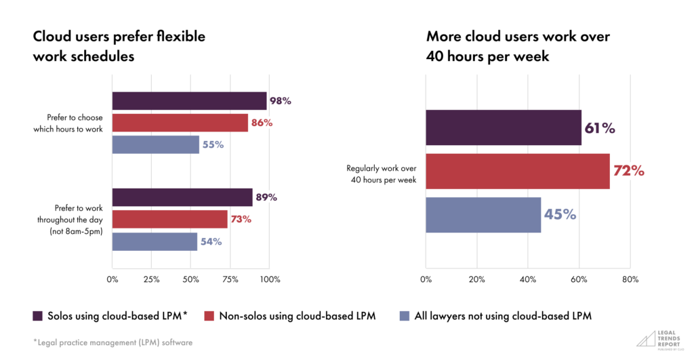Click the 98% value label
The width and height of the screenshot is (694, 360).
tap(280, 101)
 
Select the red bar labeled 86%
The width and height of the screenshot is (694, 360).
tap(180, 123)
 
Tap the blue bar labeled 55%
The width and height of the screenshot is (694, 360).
tap(156, 144)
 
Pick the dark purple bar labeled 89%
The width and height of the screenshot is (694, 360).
tap(182, 197)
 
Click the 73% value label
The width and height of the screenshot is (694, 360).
tap(241, 219)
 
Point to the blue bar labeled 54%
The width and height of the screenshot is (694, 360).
tap(155, 241)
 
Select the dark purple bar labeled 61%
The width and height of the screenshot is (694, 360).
tap(504, 127)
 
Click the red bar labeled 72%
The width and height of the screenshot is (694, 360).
tap(518, 171)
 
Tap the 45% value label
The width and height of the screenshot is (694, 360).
tap(559, 214)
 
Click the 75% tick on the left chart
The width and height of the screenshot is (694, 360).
tap(231, 279)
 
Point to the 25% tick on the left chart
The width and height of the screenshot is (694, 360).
tap(152, 279)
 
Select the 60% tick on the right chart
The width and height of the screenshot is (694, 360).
tap(579, 279)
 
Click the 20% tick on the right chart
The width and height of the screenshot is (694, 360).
tap(477, 279)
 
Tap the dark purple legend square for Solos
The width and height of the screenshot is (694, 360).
tap(37, 316)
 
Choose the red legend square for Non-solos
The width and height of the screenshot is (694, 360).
tap(209, 316)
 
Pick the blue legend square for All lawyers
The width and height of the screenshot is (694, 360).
tap(405, 316)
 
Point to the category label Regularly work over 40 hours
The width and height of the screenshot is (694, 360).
tap(382, 174)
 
